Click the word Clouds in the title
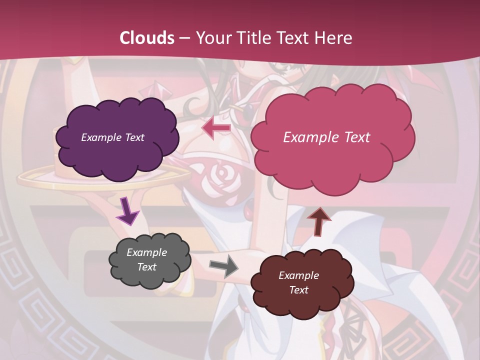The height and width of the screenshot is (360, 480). click(x=147, y=38)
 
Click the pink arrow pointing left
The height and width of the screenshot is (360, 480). click(x=216, y=128)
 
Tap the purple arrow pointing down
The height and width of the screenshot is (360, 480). click(x=127, y=211)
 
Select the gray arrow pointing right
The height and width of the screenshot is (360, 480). click(x=223, y=266)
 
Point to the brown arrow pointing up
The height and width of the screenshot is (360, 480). click(x=318, y=221)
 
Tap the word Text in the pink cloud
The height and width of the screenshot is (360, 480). click(x=353, y=137)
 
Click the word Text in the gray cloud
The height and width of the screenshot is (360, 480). click(x=147, y=267)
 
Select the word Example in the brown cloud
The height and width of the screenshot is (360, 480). click(x=298, y=275)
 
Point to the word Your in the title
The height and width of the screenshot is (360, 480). click(x=210, y=38)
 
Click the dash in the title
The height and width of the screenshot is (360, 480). click(x=184, y=38)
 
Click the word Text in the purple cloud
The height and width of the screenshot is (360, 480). click(x=134, y=137)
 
